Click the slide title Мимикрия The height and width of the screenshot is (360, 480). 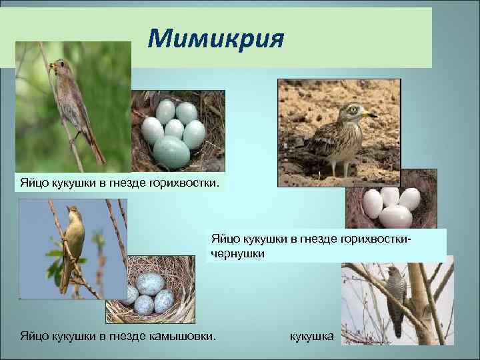[216, 39]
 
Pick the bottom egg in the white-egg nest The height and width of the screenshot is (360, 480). [395, 217]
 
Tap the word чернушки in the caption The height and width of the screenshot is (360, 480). [238, 254]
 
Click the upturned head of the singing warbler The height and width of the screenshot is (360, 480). [72, 213]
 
